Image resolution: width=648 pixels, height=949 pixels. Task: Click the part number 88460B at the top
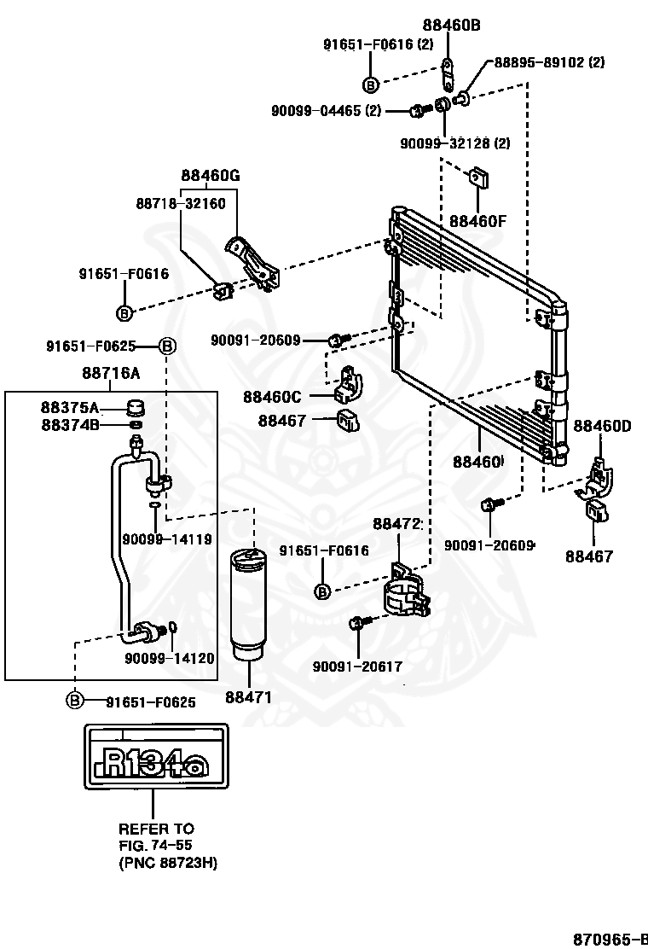(x=452, y=25)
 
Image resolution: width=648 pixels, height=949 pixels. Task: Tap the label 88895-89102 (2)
(x=549, y=61)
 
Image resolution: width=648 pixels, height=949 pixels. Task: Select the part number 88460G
(x=211, y=176)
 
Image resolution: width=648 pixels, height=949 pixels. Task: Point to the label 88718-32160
(x=181, y=203)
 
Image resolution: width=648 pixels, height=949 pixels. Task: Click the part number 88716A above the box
(x=111, y=373)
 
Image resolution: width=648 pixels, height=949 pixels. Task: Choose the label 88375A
(x=70, y=407)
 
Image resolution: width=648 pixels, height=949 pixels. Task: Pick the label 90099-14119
(x=167, y=539)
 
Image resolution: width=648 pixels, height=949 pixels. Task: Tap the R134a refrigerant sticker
(x=157, y=756)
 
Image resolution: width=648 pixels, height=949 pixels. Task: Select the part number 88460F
(x=477, y=221)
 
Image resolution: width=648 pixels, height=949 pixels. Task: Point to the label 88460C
(x=272, y=397)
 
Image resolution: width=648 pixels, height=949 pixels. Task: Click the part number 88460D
(x=602, y=426)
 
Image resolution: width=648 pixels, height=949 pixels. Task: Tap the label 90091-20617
(x=357, y=667)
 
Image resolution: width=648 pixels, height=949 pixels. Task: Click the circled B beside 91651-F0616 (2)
(x=371, y=84)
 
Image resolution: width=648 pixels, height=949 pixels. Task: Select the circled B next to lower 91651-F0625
(x=73, y=701)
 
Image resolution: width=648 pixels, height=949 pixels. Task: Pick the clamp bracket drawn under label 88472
(x=408, y=590)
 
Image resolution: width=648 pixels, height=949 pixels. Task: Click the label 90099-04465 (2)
(x=327, y=111)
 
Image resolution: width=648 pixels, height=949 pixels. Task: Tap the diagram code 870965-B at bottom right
(x=610, y=939)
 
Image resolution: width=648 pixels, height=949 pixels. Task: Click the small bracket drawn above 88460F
(x=479, y=178)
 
